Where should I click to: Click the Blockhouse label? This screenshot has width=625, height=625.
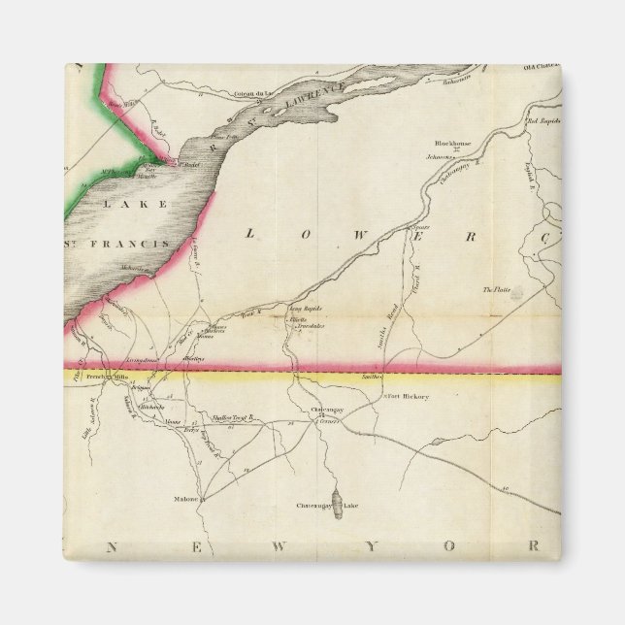(x=453, y=143)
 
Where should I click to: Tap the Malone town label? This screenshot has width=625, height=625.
(x=186, y=499)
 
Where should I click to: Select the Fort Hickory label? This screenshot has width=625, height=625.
(x=408, y=397)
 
